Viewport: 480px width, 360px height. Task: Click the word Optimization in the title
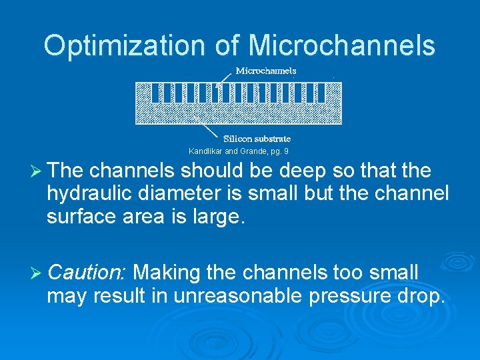point(125,45)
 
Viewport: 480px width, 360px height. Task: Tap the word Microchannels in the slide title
point(342,45)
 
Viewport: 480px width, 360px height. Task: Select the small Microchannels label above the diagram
point(266,71)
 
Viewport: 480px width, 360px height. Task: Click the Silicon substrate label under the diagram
point(257,139)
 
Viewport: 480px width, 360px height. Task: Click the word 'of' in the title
point(229,45)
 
